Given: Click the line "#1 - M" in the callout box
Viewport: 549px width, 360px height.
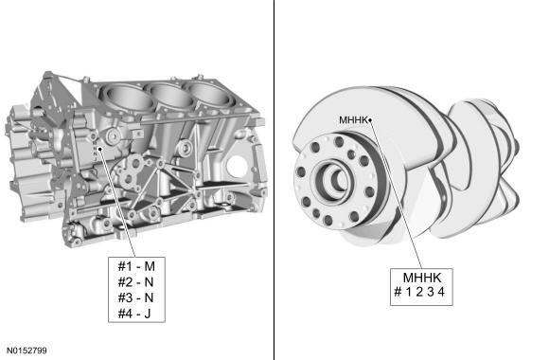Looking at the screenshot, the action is pos(136,266).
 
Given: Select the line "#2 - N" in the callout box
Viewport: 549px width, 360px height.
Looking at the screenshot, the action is pos(136,281).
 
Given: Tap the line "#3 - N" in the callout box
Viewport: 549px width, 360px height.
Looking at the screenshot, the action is pos(136,297).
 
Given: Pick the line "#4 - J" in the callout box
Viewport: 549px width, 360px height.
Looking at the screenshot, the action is pos(134,314).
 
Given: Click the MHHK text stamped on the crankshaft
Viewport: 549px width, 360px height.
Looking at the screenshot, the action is pos(353,120).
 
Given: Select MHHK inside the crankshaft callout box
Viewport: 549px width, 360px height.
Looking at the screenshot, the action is pos(422,278).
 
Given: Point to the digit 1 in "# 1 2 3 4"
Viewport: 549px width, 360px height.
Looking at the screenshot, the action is pos(409,292).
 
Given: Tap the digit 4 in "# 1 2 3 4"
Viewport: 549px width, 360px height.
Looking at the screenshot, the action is pos(441,292).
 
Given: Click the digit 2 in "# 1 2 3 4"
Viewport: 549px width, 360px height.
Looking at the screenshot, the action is pos(419,292).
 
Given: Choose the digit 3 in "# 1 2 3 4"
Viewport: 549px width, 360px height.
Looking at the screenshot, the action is pos(431,292).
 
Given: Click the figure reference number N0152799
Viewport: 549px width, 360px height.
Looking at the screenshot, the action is pos(27,351).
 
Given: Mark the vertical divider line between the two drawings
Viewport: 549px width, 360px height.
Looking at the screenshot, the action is pos(274,180).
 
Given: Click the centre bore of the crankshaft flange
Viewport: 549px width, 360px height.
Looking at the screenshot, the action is pos(335,180).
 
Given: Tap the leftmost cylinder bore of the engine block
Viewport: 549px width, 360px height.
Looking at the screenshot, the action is pos(128,97).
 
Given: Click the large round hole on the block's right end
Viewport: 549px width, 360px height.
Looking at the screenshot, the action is pos(237,166).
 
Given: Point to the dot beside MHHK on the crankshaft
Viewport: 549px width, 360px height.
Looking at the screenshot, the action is pos(370,120).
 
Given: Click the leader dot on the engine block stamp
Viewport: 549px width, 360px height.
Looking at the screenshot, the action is pos(99,149).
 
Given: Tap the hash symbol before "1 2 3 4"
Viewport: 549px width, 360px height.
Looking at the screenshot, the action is pos(398,292).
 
